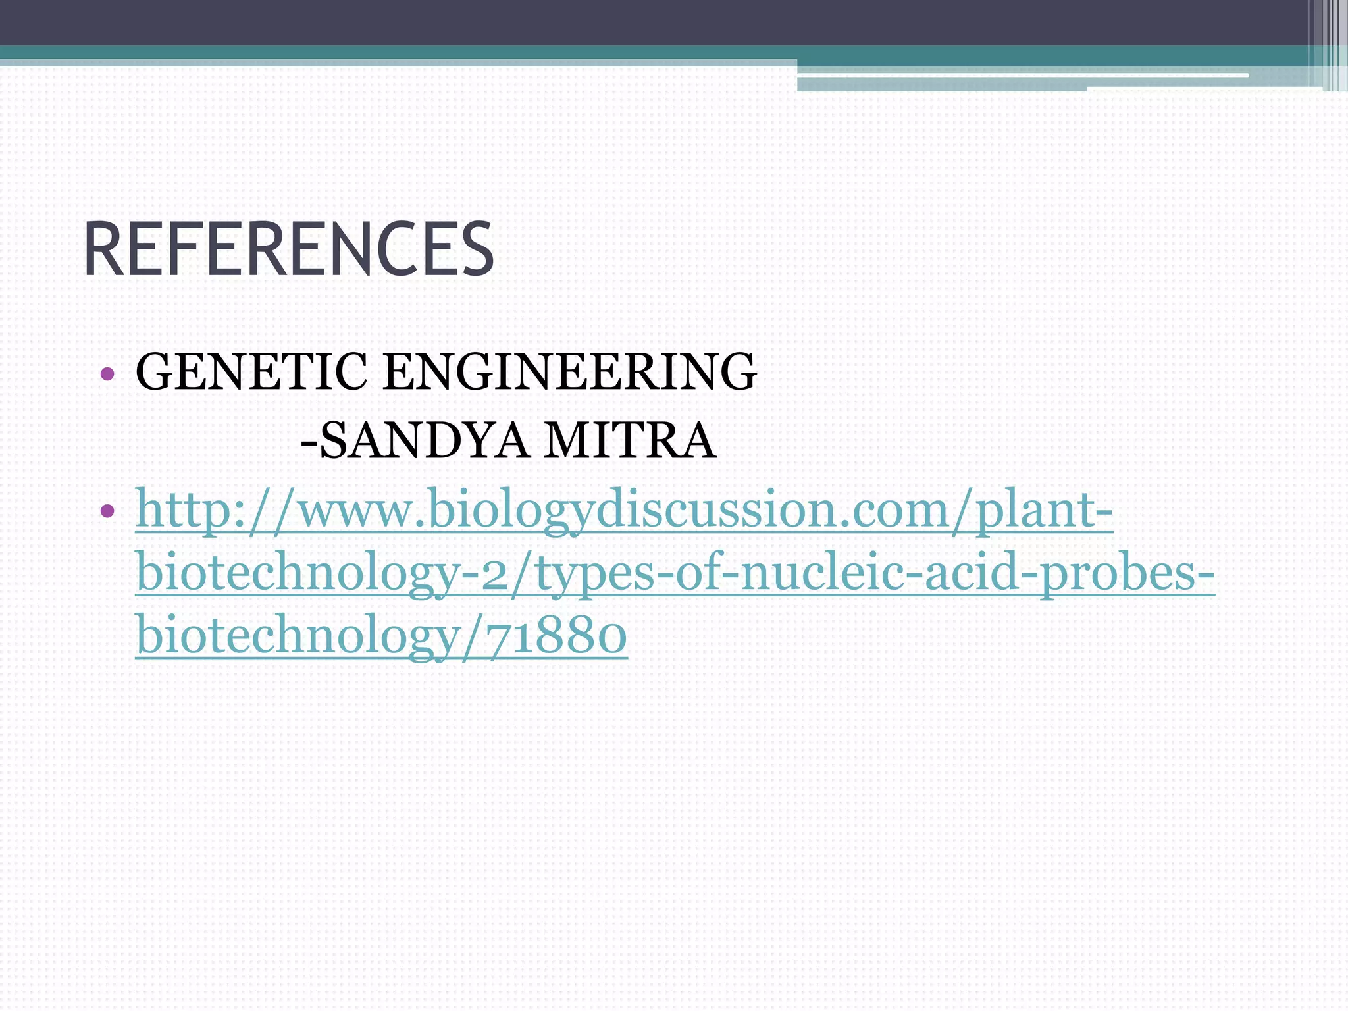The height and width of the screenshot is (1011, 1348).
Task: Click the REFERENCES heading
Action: [288, 250]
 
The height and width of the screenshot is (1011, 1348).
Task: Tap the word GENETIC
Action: [251, 372]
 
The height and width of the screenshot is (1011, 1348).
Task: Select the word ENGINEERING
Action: [569, 372]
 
